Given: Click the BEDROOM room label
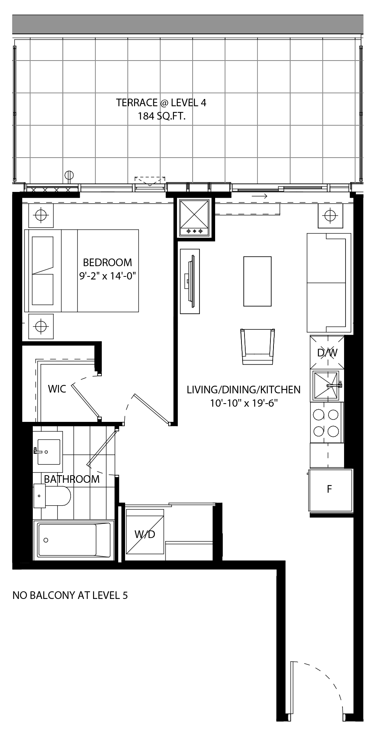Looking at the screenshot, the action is click(108, 262).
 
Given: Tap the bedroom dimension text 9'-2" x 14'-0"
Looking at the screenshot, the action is click(108, 276).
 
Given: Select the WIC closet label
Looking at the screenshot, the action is click(57, 389).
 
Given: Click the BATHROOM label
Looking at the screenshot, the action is click(72, 479).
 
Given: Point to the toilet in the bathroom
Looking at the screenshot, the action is click(52, 495).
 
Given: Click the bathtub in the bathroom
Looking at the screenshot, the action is click(74, 540).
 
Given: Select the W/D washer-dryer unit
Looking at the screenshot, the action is click(145, 534).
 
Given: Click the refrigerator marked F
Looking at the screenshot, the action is click(330, 490).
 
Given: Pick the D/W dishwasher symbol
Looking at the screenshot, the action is click(327, 352).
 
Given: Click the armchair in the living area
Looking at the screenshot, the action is click(258, 346).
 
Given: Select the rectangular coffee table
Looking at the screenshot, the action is click(257, 281).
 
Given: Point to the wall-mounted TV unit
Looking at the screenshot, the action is click(190, 281).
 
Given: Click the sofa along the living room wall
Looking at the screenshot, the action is click(329, 282).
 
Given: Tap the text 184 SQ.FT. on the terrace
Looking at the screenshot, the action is click(162, 117).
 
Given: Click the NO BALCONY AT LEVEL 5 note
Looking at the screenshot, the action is click(70, 595).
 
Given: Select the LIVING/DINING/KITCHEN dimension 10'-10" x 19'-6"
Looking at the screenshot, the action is click(243, 403).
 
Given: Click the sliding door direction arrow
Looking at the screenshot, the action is click(259, 196).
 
